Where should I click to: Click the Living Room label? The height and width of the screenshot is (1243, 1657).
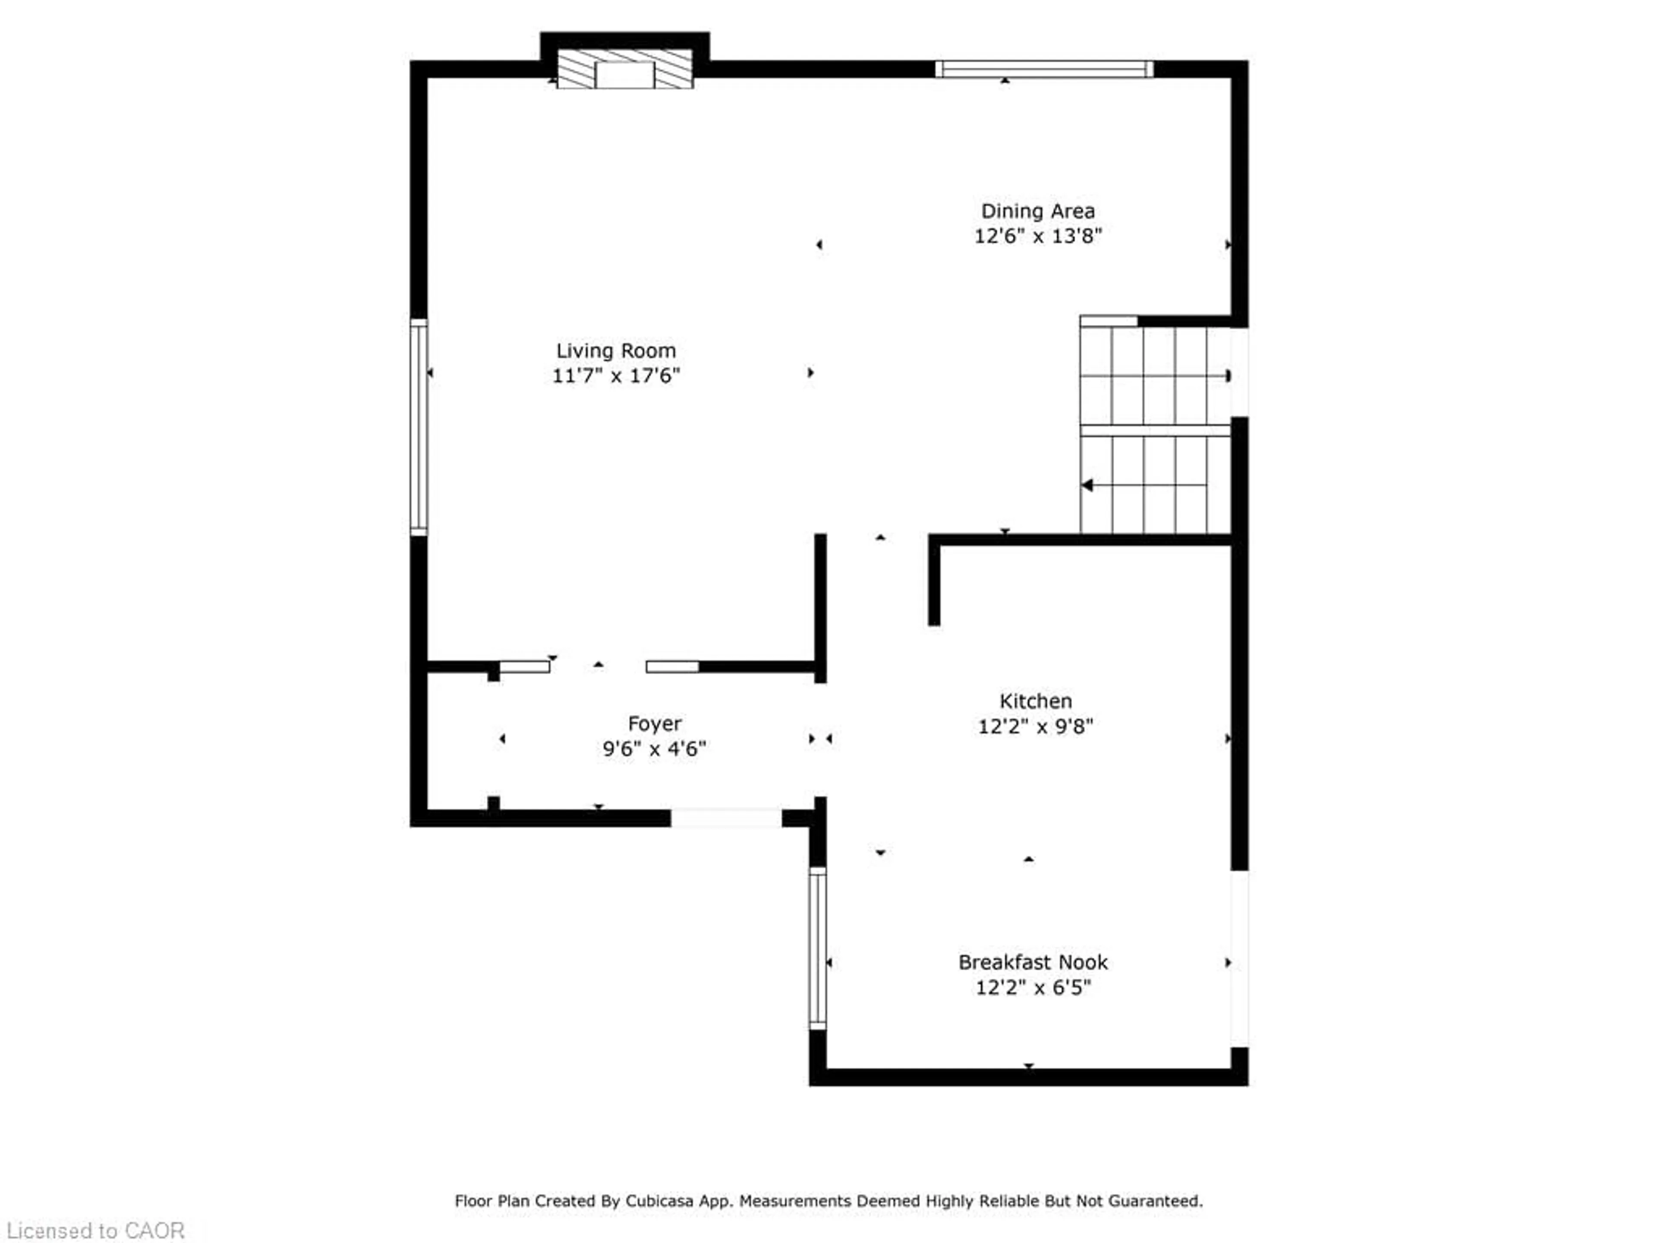(x=616, y=350)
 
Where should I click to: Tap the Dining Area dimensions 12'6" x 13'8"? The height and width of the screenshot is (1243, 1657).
(x=1037, y=236)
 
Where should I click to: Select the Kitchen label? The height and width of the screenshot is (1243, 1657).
(x=1035, y=701)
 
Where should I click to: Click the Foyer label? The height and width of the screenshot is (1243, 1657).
(x=655, y=724)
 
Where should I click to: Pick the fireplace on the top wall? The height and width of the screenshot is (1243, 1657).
(x=625, y=69)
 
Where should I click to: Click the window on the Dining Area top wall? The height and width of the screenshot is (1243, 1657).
(x=1044, y=69)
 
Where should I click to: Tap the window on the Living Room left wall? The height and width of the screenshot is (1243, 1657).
(x=419, y=427)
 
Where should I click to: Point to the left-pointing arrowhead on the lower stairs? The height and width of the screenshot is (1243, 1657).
(x=1087, y=486)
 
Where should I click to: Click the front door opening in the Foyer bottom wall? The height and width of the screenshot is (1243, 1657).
(x=726, y=818)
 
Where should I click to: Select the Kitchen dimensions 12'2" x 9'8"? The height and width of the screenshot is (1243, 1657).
(x=1035, y=726)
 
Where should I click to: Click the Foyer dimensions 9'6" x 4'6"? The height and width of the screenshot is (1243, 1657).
(x=655, y=748)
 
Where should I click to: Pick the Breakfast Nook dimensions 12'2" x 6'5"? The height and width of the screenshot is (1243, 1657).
(x=1033, y=987)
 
